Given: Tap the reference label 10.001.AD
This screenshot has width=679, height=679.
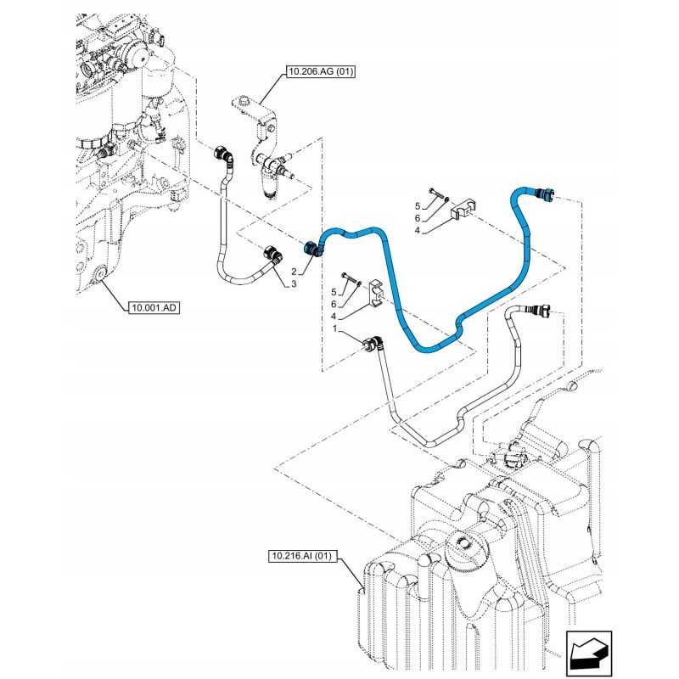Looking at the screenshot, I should point(154,307).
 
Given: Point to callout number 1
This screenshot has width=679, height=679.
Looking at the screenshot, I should point(336,328).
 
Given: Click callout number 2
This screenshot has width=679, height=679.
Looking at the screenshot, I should point(294,271).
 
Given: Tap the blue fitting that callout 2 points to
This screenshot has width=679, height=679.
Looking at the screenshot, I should point(311,248).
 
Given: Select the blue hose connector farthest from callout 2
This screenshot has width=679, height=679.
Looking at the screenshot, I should point(542,192).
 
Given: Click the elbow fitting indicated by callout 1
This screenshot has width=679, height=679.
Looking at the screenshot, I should point(373,345).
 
